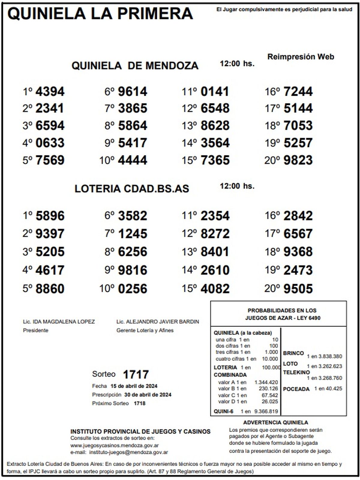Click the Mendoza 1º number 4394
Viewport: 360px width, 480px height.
pyautogui.click(x=50, y=91)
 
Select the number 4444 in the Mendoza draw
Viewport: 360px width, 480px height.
pyautogui.click(x=133, y=160)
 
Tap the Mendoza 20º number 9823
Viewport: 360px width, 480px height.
pyautogui.click(x=298, y=160)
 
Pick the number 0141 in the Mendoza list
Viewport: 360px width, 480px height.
pyautogui.click(x=215, y=91)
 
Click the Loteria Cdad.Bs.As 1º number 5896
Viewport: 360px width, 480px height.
pyautogui.click(x=50, y=216)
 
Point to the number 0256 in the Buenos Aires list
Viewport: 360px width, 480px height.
pyautogui.click(x=133, y=289)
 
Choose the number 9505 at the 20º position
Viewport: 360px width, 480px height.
pyautogui.click(x=298, y=289)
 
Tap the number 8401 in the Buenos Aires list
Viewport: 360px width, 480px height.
pyautogui.click(x=215, y=252)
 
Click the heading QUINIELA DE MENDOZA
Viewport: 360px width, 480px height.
pyautogui.click(x=135, y=66)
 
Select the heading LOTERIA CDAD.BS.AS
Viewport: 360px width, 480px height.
pyautogui.click(x=132, y=189)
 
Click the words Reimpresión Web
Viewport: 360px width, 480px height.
pyautogui.click(x=301, y=57)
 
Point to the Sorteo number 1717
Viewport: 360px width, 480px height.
pyautogui.click(x=136, y=374)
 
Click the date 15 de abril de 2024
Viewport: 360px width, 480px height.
pyautogui.click(x=134, y=386)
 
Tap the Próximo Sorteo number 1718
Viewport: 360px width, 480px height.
pyautogui.click(x=139, y=403)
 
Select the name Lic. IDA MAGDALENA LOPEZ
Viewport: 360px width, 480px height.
pyautogui.click(x=59, y=322)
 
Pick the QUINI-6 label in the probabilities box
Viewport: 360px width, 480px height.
pyautogui.click(x=223, y=412)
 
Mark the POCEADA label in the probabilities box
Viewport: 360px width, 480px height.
pyautogui.click(x=296, y=389)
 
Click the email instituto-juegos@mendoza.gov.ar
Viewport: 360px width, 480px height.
pyautogui.click(x=129, y=452)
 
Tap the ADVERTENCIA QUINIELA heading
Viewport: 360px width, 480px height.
pyautogui.click(x=275, y=423)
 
